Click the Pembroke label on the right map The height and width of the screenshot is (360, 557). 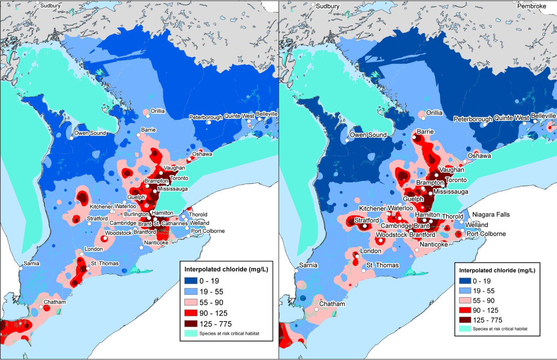531,6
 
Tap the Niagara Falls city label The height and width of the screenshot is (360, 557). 491,215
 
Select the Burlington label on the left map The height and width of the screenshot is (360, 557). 136,214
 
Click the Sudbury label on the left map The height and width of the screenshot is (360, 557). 50,5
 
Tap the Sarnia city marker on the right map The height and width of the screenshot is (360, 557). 297,270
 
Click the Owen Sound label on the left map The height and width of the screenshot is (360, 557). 90,133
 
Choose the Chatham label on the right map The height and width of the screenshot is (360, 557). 332,304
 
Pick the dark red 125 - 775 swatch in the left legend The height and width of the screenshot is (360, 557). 190,324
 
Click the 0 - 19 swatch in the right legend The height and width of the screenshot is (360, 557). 465,281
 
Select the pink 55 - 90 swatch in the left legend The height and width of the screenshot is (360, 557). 190,302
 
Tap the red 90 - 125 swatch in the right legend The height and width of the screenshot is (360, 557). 465,310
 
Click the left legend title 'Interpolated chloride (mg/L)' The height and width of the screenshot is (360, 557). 226,269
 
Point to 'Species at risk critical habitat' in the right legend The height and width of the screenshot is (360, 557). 500,329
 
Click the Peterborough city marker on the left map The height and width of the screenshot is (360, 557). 209,122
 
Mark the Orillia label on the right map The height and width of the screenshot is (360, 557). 434,113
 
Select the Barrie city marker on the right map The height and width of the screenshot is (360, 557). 414,137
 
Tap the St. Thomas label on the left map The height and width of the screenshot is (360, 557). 104,264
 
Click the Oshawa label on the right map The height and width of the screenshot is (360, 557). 479,156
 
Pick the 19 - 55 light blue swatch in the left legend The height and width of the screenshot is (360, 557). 190,292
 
